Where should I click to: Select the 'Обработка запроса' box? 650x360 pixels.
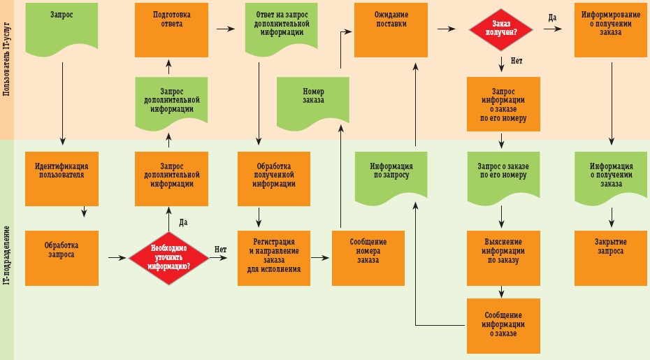click(x=61, y=257)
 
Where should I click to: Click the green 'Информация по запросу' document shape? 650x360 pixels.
click(x=391, y=175)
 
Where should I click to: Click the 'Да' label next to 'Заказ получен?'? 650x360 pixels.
click(x=553, y=17)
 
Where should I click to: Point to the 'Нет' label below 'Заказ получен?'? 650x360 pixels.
click(x=517, y=61)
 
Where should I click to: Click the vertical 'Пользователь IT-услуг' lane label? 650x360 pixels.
click(x=6, y=70)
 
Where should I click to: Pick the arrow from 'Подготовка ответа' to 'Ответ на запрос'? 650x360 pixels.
click(x=224, y=29)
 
